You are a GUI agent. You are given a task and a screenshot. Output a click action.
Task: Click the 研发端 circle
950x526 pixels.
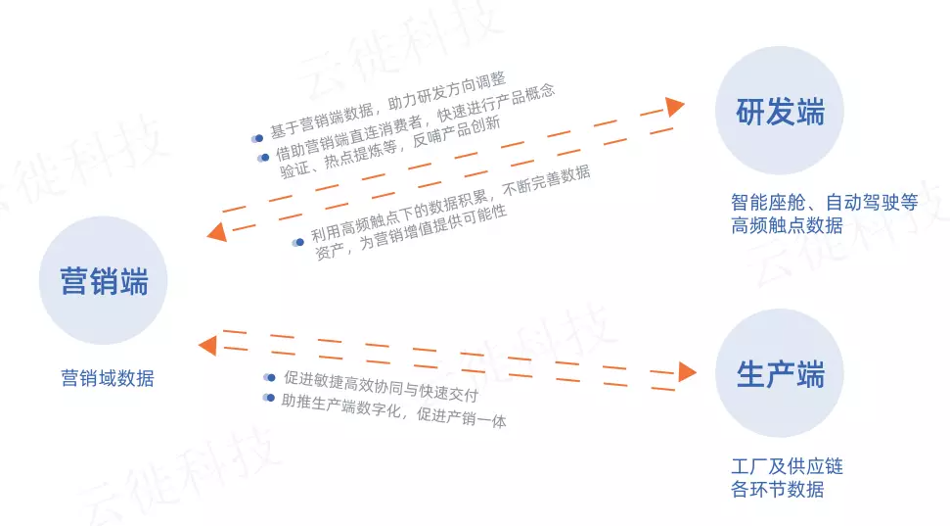[x=780, y=112]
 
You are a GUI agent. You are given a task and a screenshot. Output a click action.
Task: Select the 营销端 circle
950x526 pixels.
[x=104, y=281]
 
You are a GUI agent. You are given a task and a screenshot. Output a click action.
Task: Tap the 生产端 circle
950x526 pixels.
[x=780, y=373]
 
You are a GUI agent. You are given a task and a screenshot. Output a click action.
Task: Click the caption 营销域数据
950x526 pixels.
[x=107, y=378]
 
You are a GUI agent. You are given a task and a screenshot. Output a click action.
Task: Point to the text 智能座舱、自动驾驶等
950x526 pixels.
[x=824, y=203]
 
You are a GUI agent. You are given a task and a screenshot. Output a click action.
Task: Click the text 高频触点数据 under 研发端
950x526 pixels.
[x=786, y=226]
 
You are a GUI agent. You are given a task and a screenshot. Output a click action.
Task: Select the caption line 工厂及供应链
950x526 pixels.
[x=786, y=466]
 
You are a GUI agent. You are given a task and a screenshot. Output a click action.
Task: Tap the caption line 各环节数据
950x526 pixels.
[x=777, y=489]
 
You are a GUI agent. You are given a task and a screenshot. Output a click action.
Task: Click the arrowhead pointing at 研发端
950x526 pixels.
[x=674, y=107]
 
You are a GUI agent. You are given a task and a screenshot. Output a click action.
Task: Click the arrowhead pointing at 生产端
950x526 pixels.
[x=687, y=371]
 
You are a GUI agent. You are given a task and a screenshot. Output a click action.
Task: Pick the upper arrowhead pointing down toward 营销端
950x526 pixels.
[x=217, y=232]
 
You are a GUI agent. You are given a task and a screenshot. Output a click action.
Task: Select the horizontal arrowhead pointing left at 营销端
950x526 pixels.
[x=206, y=344]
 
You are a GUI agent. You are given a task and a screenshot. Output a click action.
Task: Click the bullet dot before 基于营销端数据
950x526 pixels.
[x=258, y=138]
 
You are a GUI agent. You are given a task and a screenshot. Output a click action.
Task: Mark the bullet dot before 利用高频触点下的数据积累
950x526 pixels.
[x=299, y=242]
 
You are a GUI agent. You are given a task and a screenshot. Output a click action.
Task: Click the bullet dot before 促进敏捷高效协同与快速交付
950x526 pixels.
[x=271, y=377]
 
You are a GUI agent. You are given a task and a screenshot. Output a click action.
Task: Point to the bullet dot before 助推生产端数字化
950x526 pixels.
[x=270, y=398]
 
